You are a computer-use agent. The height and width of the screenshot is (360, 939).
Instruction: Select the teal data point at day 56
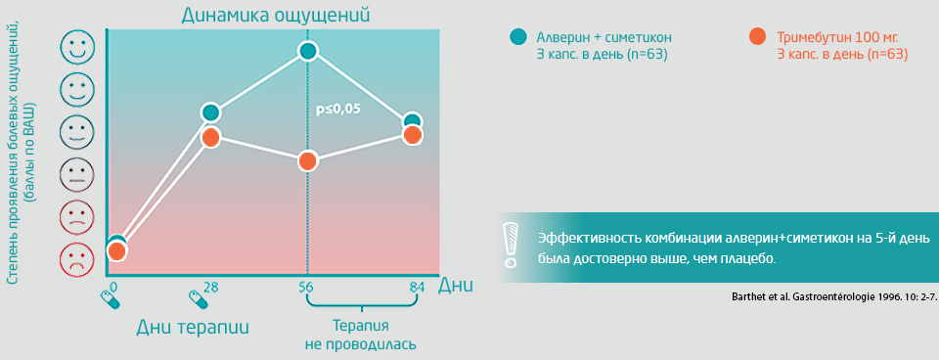point(308,52)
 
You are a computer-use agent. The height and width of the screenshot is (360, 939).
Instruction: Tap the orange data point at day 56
point(308,161)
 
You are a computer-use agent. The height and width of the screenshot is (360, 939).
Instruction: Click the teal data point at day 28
point(210,112)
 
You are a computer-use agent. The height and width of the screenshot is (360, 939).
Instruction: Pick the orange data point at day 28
point(210,137)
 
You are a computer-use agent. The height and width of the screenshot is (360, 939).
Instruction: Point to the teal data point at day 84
point(412,121)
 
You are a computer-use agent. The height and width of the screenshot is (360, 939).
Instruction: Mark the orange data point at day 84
point(412,135)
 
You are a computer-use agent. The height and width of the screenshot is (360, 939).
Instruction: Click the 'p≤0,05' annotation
point(335,111)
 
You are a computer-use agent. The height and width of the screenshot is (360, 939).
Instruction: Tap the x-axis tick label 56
point(306,287)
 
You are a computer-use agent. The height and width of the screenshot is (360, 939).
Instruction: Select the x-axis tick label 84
point(417,287)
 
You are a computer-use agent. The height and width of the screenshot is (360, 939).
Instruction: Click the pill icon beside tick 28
point(199,298)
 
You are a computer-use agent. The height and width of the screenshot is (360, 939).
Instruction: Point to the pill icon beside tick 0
point(111,298)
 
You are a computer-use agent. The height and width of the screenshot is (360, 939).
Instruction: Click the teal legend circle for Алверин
point(518,36)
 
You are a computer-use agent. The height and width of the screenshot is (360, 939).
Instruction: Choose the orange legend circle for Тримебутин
point(757,36)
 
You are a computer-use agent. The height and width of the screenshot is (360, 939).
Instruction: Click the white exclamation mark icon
point(511,245)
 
